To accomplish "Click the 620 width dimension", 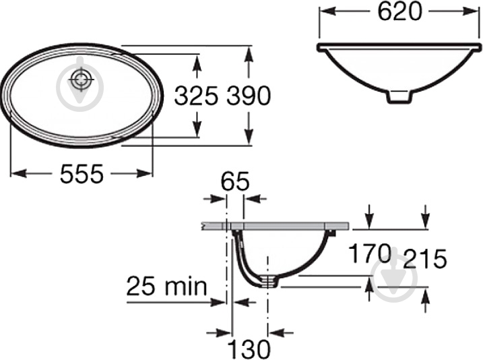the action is [x=399, y=12].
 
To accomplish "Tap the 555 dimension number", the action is [x=82, y=174].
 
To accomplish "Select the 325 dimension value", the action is [x=196, y=95].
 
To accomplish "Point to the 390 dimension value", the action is [x=249, y=95].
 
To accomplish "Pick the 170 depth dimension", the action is [x=370, y=253].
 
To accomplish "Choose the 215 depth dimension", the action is [x=425, y=258].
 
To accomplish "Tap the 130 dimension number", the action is [x=249, y=349].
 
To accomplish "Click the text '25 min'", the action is [x=166, y=286].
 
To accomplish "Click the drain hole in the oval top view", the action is [x=81, y=80].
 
